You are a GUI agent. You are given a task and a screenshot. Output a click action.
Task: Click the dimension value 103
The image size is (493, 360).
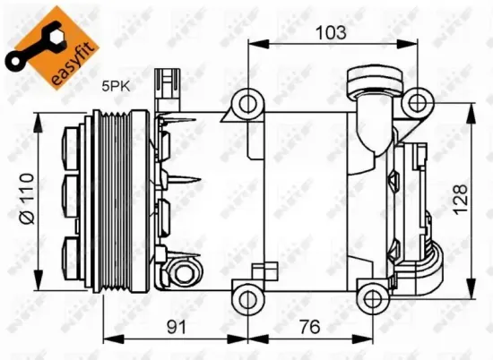331,33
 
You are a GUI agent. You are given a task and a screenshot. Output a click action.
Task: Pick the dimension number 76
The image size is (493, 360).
308,327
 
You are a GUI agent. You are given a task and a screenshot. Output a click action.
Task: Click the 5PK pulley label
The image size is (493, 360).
115,88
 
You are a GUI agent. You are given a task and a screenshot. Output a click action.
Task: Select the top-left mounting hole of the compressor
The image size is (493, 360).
245,104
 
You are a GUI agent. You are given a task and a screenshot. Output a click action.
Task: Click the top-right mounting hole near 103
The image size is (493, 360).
414,102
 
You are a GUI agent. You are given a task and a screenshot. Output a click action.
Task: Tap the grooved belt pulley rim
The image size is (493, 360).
115,197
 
